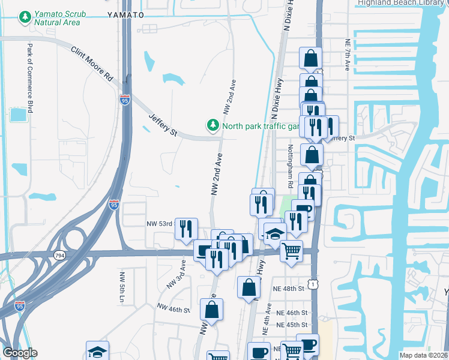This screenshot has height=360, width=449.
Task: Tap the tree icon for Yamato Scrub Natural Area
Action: (25, 18)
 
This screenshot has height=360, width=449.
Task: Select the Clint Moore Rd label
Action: (92, 64)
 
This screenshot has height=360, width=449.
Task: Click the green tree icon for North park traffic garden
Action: (212, 125)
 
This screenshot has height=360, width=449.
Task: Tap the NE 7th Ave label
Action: (348, 56)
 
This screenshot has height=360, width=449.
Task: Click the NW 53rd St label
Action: (160, 224)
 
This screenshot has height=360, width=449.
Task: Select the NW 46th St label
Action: (173, 309)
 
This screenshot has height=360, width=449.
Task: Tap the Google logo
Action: (20, 353)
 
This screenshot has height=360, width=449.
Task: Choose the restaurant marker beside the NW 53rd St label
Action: (186, 229)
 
